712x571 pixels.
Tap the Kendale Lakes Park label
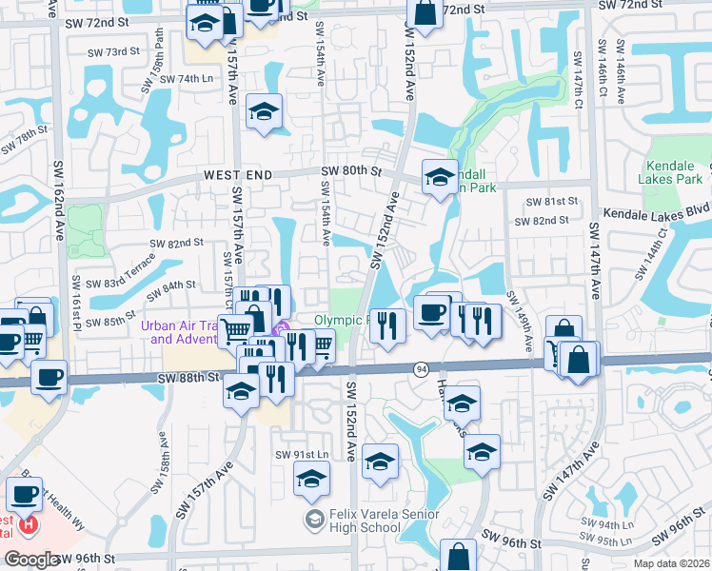[x=673, y=172]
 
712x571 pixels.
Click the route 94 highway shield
[x=420, y=367]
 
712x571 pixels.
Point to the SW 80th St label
[x=350, y=171]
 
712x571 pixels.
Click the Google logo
[x=30, y=560]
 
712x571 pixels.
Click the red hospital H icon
[x=30, y=523]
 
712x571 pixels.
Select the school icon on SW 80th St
[x=440, y=178]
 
